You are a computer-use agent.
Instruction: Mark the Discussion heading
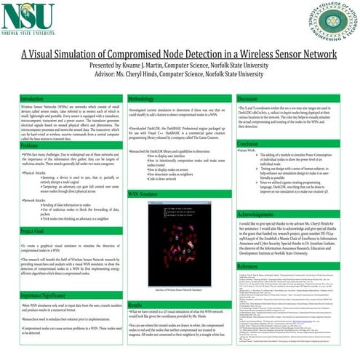pos(248,98)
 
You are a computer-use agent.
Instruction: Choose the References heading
pos(250,267)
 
